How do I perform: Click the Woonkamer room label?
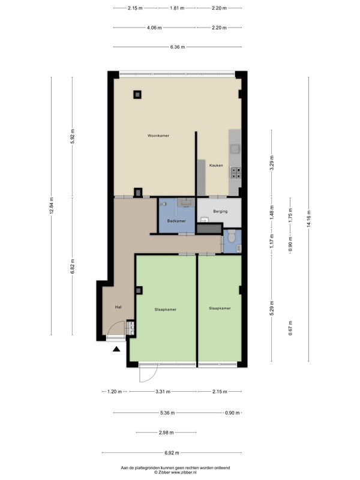click(x=158, y=136)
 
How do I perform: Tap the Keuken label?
click(x=216, y=166)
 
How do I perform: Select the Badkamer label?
click(x=176, y=221)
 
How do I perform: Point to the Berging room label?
click(x=220, y=211)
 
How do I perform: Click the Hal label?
click(x=118, y=307)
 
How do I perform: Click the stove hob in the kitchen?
click(x=235, y=172)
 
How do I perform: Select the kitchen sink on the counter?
click(x=235, y=149)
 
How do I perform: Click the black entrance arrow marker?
click(x=116, y=349)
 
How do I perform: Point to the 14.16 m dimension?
click(x=308, y=219)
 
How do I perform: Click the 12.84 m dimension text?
click(x=52, y=206)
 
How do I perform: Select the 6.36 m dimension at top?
click(x=178, y=47)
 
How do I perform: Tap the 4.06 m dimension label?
click(x=154, y=28)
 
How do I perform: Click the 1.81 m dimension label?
click(x=177, y=8)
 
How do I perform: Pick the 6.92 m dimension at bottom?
click(x=172, y=452)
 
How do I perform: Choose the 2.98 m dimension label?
click(x=166, y=433)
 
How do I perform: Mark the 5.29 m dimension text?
click(x=272, y=308)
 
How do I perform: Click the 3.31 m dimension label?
click(x=163, y=391)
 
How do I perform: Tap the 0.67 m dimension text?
click(x=290, y=328)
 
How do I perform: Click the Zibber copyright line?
click(x=175, y=472)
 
